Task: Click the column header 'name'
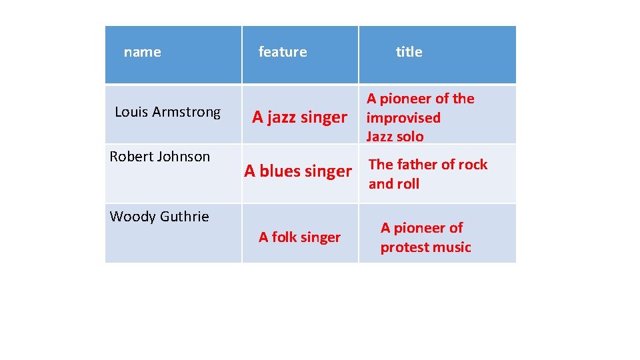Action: coord(142,52)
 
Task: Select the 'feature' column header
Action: coord(283,52)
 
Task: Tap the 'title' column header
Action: coord(409,52)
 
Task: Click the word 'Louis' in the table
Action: coord(131,112)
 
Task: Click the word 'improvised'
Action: coord(403,118)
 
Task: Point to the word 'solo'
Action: coord(410,137)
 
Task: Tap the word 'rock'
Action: coord(473,165)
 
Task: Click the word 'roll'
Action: coord(407,184)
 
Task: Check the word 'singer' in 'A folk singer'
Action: coord(321,237)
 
